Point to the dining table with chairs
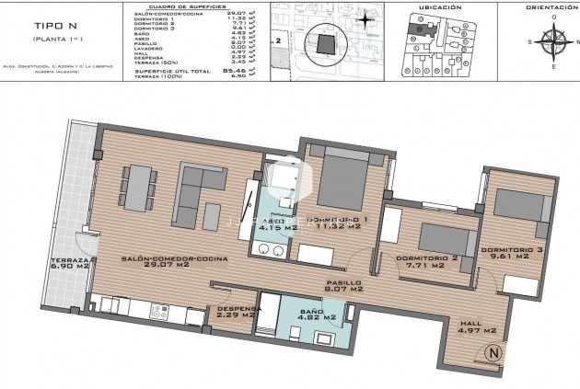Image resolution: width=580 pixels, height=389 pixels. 138,187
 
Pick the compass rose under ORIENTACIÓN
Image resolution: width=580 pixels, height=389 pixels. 553,41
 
